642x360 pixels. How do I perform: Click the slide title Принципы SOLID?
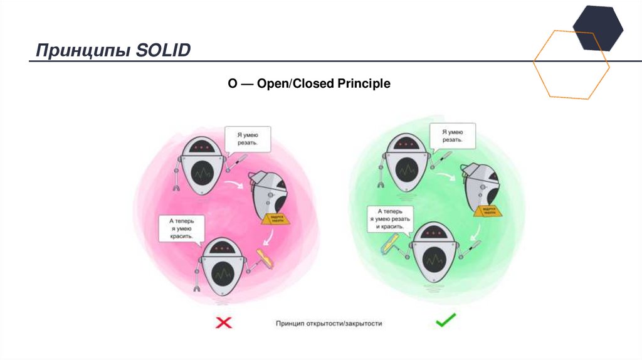(113, 50)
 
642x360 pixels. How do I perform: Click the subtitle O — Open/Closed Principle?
(308, 83)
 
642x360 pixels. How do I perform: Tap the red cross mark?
(224, 323)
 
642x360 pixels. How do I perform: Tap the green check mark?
(446, 322)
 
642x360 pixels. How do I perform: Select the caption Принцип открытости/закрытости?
(329, 324)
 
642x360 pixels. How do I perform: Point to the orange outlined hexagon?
(571, 63)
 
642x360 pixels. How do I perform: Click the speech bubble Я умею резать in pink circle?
(248, 140)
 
